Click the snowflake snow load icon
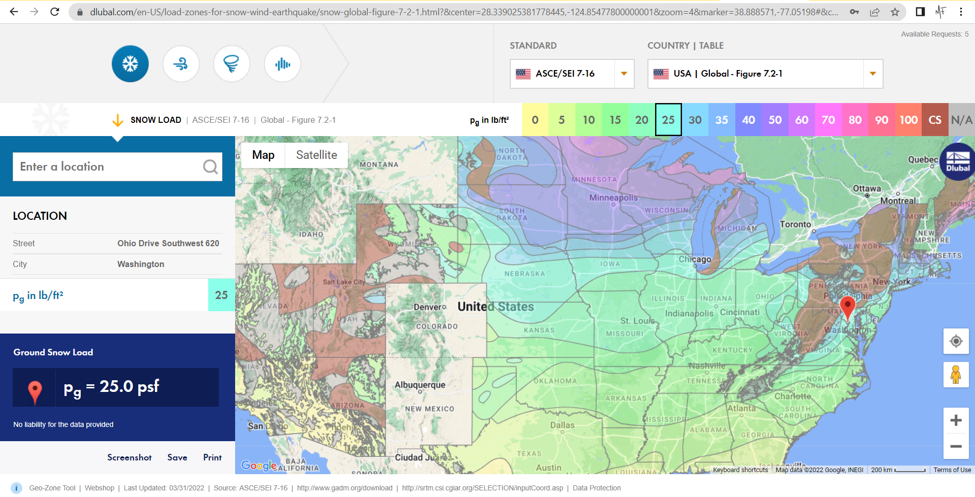[130, 64]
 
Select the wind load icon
[181, 64]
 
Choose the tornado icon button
[232, 64]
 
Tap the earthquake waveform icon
[282, 64]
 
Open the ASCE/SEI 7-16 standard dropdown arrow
[624, 74]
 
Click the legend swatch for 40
[748, 120]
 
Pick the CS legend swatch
[934, 120]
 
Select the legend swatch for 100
[908, 120]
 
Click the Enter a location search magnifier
[210, 167]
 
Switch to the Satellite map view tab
[316, 155]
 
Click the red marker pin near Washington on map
[848, 306]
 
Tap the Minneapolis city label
[613, 197]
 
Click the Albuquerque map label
[420, 385]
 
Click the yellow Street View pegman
[956, 375]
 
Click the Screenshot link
[129, 457]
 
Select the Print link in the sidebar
[212, 457]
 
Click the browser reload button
[55, 12]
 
